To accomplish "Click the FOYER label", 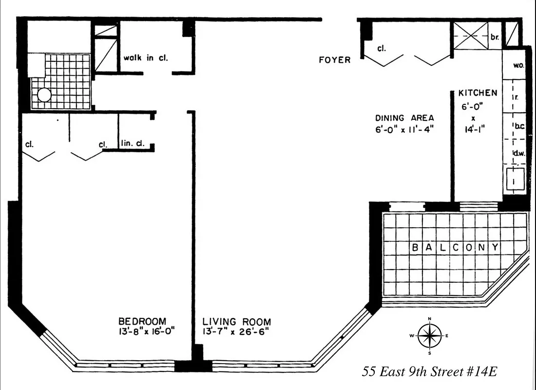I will click(x=334, y=60).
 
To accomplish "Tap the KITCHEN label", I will click(x=478, y=93).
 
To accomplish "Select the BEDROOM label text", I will click(x=142, y=322).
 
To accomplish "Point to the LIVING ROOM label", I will click(x=237, y=322).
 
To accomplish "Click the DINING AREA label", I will click(x=404, y=118).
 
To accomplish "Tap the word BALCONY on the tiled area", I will click(x=455, y=248).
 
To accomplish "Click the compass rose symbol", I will click(x=429, y=336).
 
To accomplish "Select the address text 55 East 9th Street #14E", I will click(x=429, y=372).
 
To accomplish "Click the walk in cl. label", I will click(x=145, y=58).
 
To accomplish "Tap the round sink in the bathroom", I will click(x=44, y=95).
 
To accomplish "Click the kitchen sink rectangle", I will click(x=515, y=179).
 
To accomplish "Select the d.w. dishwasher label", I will click(x=518, y=153).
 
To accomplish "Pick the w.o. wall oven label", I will click(x=518, y=66).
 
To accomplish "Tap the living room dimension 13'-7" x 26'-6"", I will click(x=237, y=331).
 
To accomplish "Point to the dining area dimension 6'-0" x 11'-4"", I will click(x=404, y=129).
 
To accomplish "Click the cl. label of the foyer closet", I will click(x=382, y=49).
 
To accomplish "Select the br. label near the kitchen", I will click(x=495, y=37).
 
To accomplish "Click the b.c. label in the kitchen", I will click(x=518, y=126).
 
